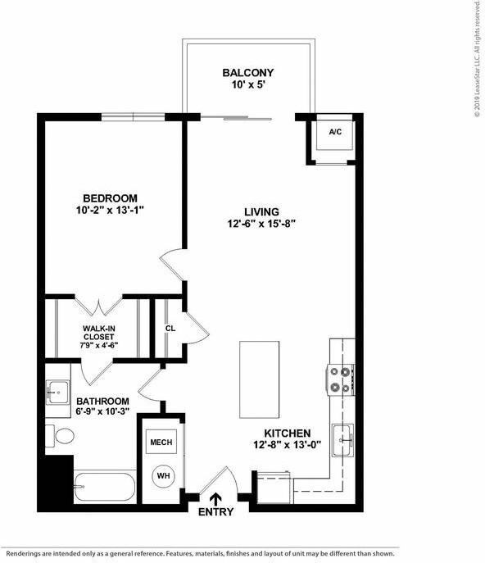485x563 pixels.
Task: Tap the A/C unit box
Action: click(x=335, y=134)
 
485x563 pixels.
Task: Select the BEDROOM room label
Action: click(x=110, y=198)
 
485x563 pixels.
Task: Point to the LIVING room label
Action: click(x=261, y=211)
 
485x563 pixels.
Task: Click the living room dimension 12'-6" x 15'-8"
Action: click(x=261, y=224)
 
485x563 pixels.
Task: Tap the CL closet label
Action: click(x=171, y=328)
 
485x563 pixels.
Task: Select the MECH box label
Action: click(x=161, y=443)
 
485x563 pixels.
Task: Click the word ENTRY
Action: click(x=215, y=512)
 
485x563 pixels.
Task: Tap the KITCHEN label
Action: click(x=287, y=433)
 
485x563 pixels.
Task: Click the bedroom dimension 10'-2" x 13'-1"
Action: click(x=110, y=211)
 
